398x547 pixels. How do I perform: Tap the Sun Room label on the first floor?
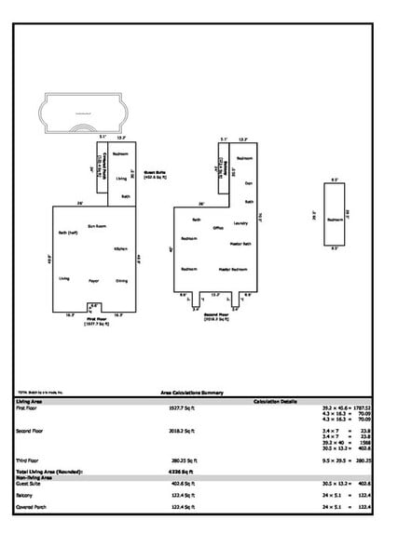95,225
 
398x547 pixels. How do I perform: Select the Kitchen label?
120,248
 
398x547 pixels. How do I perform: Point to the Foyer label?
93,279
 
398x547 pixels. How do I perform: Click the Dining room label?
121,279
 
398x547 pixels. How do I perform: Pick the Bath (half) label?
67,233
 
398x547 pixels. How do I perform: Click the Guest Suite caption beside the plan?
154,173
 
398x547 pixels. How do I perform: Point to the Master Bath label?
240,244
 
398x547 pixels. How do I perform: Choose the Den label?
248,183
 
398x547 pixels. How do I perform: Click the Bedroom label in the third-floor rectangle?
335,220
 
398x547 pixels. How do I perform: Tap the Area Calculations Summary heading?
199,394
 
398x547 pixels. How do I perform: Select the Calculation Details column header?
275,401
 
